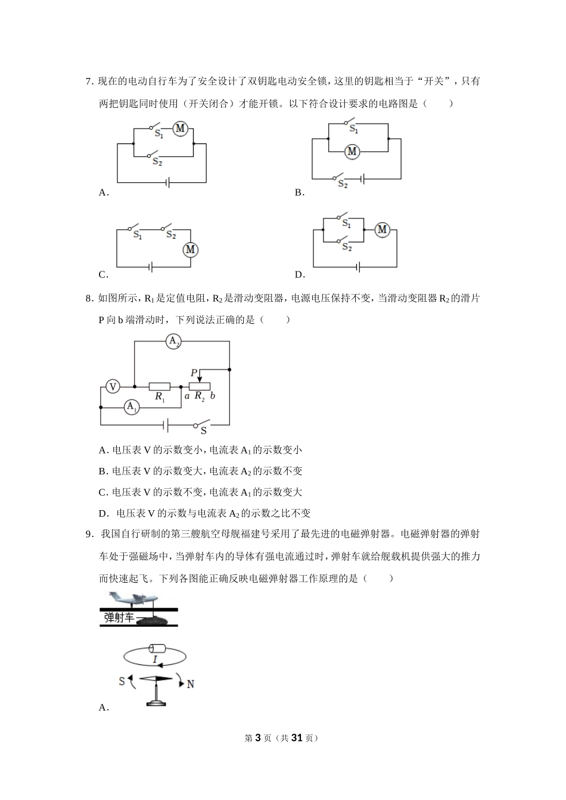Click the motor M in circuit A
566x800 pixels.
[x=180, y=128]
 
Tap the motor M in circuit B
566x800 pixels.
[x=352, y=151]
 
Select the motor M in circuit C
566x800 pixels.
[x=190, y=249]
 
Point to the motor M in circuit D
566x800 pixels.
[x=382, y=229]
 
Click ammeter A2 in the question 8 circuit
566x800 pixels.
[x=173, y=342]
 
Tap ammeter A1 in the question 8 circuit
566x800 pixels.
[x=132, y=408]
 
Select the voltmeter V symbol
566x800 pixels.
[x=112, y=387]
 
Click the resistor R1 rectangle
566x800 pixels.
[x=159, y=386]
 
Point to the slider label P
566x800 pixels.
[x=194, y=373]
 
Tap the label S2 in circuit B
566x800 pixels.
[x=343, y=185]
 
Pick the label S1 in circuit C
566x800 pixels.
[x=138, y=235]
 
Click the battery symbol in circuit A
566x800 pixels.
[x=169, y=182]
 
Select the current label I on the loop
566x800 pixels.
[x=154, y=660]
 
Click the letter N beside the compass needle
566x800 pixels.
[x=191, y=685]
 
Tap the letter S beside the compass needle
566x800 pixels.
[x=122, y=681]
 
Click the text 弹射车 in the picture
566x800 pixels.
[x=119, y=618]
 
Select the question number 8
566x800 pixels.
[x=88, y=298]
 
